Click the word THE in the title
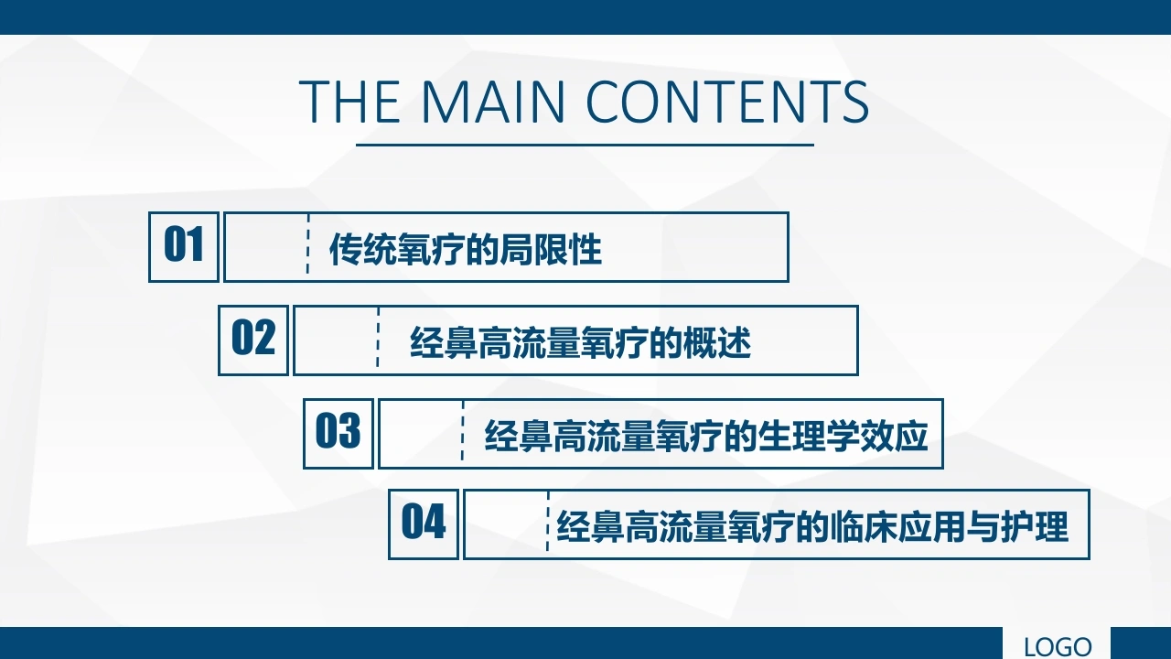coord(349,102)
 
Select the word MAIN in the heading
coord(493,102)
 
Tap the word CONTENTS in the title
coord(727,102)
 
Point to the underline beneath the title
coord(585,145)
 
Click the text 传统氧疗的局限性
coord(466,250)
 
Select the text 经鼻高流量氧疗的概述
coord(580,342)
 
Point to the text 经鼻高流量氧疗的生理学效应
coord(706,436)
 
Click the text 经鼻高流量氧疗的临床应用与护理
coord(812,526)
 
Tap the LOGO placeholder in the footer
coord(1057,646)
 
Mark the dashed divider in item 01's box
coord(308,243)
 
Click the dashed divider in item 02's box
coord(378,338)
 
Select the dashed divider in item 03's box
coord(463,430)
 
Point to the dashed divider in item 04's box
coord(547,522)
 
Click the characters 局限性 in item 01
coord(551,250)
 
